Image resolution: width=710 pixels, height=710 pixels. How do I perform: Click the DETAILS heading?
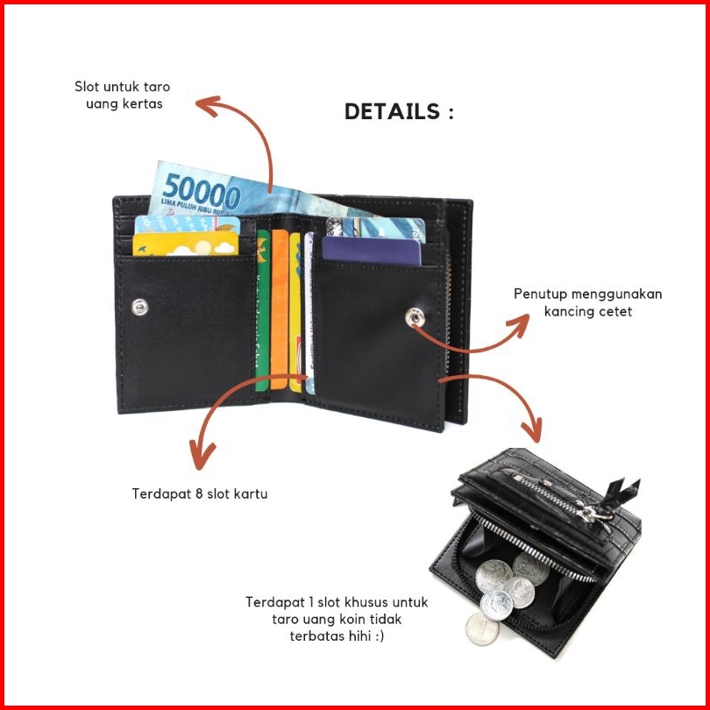(x=399, y=111)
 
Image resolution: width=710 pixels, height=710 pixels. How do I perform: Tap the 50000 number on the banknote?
(x=201, y=192)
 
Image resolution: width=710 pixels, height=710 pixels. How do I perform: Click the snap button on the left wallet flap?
(x=139, y=308)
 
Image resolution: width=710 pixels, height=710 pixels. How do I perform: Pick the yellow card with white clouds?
(x=185, y=244)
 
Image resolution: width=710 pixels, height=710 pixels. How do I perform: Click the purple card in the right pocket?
(x=372, y=251)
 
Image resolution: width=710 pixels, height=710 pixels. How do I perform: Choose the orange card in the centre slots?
(x=280, y=309)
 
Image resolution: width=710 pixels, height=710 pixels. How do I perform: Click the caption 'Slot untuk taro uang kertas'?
(x=122, y=95)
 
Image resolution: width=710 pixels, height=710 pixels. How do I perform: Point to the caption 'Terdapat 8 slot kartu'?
(x=200, y=493)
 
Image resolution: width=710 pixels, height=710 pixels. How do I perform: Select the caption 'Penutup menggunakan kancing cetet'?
(x=588, y=302)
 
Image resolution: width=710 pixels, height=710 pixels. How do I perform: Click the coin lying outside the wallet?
(x=482, y=629)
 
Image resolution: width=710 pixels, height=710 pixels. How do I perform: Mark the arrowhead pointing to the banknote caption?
(x=208, y=105)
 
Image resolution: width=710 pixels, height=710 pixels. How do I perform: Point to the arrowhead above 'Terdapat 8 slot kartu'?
(x=201, y=454)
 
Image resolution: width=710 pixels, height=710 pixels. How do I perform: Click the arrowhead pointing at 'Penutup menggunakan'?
(x=519, y=324)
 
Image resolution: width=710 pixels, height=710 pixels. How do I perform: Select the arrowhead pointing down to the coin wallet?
(x=533, y=430)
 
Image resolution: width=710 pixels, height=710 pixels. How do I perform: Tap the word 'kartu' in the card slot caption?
(x=251, y=493)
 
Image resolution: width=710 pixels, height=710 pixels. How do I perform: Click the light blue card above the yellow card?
(x=188, y=224)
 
